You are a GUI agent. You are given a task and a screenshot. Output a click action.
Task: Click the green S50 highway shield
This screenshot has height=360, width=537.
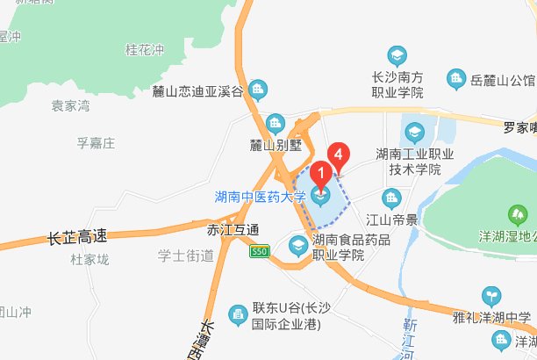[x=258, y=251]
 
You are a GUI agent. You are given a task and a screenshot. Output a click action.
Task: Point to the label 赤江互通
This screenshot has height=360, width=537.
[x=233, y=230]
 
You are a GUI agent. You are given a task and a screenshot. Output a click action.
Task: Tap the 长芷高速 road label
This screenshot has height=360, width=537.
[x=76, y=236]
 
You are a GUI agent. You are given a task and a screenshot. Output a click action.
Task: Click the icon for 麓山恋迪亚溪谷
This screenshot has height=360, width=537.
[x=258, y=90]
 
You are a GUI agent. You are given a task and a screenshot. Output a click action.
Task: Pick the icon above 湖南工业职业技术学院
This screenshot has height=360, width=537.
[x=413, y=133]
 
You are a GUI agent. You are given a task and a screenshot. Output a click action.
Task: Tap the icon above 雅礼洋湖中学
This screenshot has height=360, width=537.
[x=492, y=298]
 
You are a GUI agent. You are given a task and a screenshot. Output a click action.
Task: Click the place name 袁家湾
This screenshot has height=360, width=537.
[x=70, y=107]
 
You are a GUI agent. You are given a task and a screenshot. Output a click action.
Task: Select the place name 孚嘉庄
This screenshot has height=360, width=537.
[x=97, y=142]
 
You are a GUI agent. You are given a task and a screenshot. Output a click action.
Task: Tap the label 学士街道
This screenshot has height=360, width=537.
[x=186, y=256]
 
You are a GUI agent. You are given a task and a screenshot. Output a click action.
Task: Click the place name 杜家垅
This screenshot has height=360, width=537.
[x=89, y=260]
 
